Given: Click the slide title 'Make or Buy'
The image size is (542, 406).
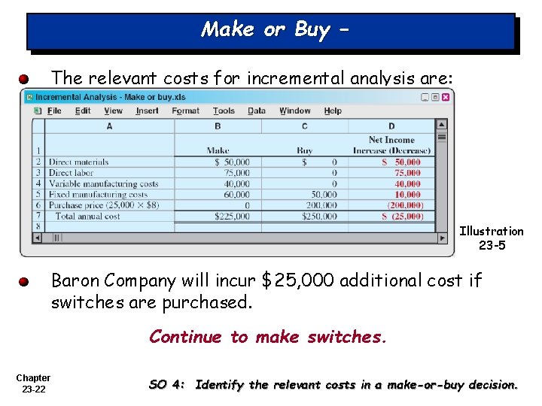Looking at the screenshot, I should pos(270,30).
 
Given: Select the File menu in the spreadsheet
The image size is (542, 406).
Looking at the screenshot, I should pos(54,111).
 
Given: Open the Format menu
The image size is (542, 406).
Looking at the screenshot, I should pos(185,111).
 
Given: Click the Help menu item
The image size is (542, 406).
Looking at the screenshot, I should pos(333,111).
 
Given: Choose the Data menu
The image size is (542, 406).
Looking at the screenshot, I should pos(257,111).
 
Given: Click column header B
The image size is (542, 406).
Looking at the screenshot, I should pos(218,126).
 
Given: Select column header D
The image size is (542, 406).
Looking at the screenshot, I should pos(391,126).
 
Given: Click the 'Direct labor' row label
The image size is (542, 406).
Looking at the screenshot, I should pos(71,173).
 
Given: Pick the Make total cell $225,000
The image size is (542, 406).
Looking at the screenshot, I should pos(232,217).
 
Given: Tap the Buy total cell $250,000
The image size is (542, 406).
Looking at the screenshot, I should pos(318,217).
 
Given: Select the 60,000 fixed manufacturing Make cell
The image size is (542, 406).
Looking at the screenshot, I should pos(236,195).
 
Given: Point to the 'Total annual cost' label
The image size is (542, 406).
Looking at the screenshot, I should pos(87,217).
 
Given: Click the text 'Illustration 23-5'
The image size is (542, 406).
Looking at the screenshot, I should pos(491,238).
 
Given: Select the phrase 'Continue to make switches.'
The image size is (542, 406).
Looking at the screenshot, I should pos(267,337).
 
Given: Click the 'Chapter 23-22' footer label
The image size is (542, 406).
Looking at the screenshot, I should pos(33,383).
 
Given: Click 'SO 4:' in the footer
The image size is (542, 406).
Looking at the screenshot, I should pos(167,384).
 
